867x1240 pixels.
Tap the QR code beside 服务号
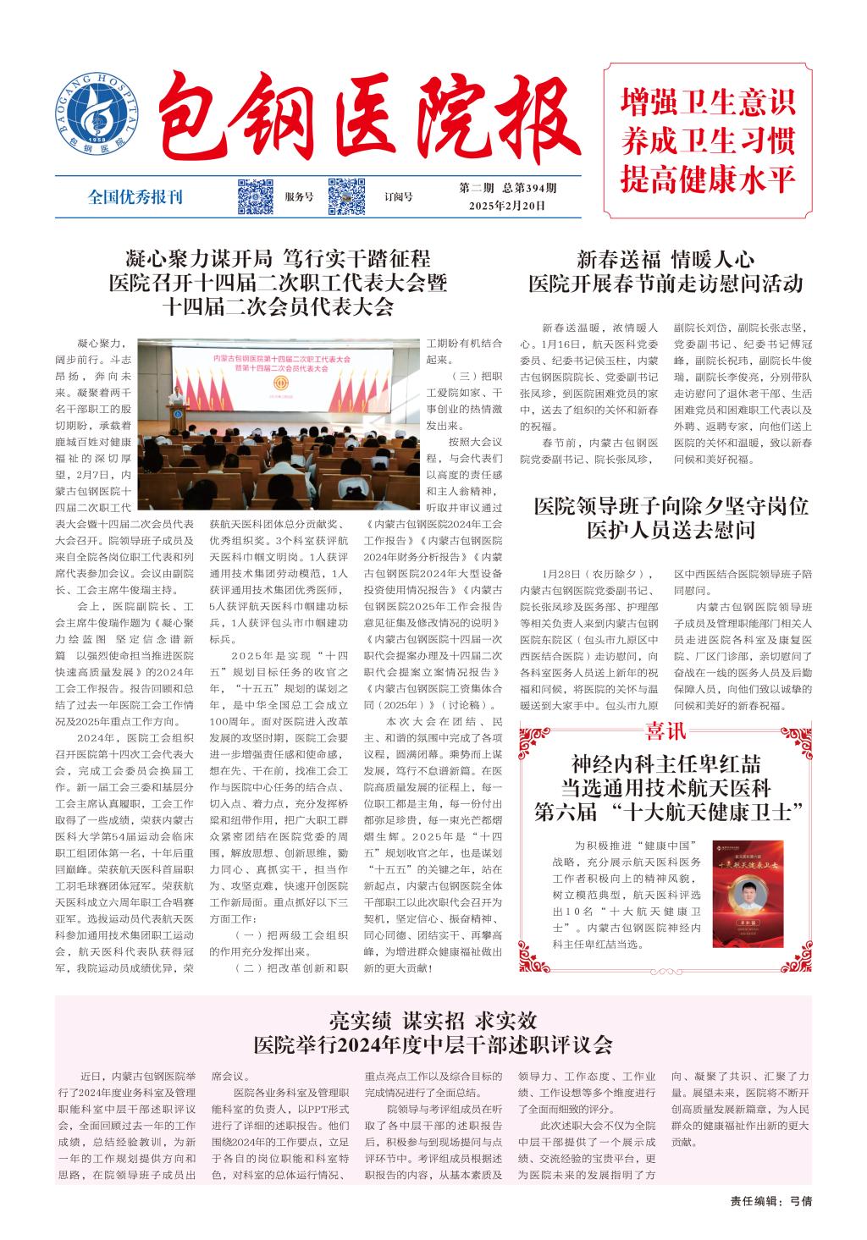point(254,196)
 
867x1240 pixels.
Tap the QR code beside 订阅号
point(346,196)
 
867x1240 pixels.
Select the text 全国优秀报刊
point(135,197)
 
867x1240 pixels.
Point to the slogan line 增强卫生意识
point(708,102)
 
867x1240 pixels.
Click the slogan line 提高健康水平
point(708,179)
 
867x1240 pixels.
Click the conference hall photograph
point(279,422)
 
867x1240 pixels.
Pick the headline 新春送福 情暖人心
point(665,258)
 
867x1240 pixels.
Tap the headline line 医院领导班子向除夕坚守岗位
point(671,507)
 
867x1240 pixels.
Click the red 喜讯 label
point(666,730)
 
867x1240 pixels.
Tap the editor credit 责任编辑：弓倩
point(770,1199)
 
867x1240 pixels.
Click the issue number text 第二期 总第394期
point(508,188)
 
